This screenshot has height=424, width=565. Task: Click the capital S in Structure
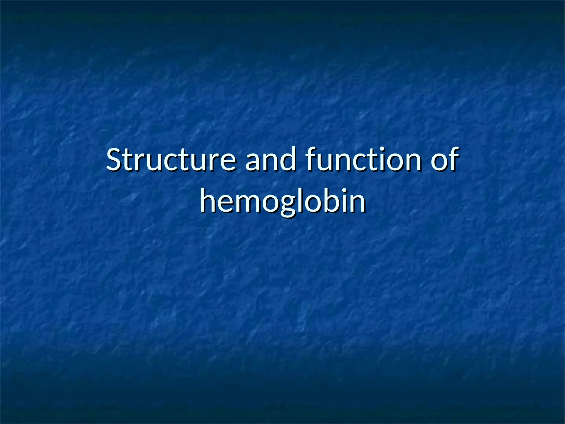(x=115, y=160)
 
